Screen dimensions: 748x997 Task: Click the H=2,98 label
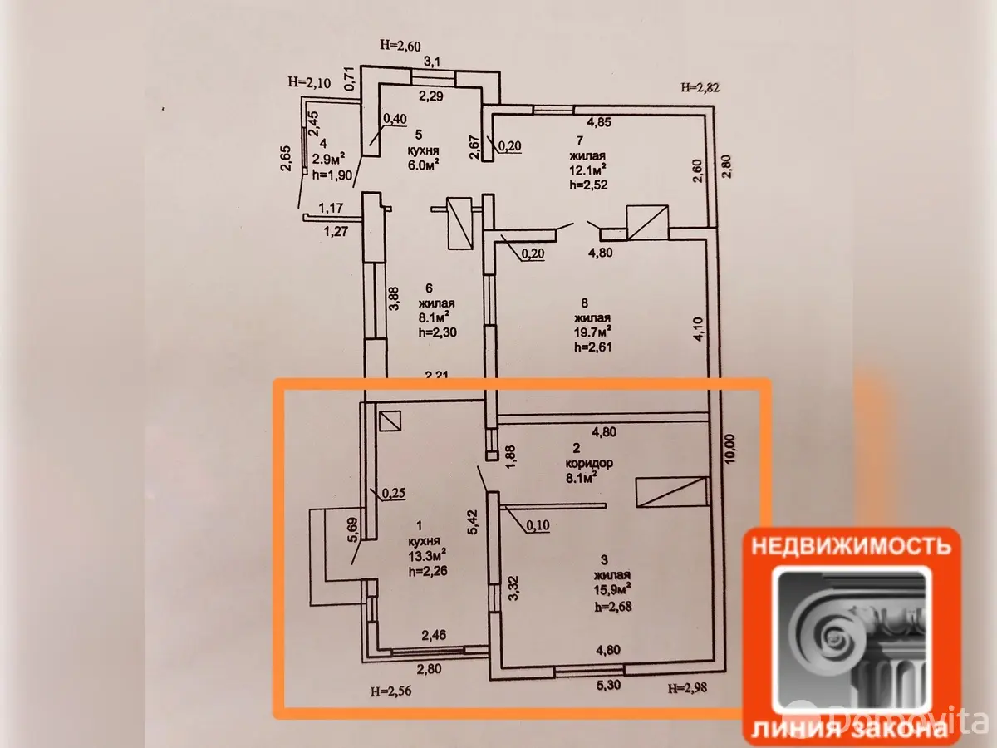pos(690,686)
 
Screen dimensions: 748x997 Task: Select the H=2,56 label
pos(392,690)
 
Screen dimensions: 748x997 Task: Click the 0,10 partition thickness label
pos(538,525)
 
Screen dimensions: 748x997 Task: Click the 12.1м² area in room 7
pos(588,170)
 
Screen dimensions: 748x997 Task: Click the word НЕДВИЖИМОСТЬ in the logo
pos(851,546)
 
